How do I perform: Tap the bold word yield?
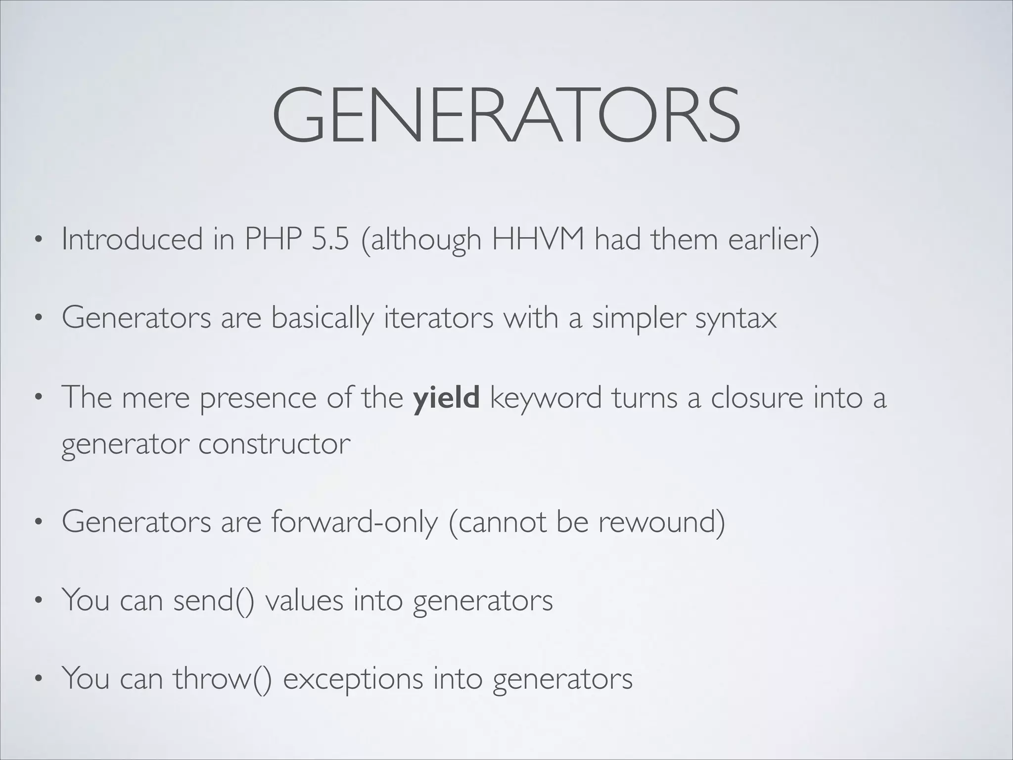tap(446, 397)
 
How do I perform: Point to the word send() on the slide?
tap(214, 600)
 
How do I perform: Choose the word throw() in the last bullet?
tap(222, 678)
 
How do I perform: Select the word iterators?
tap(438, 318)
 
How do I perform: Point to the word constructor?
tap(275, 444)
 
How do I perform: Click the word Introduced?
tap(132, 239)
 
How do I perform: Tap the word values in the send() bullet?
tap(304, 600)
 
